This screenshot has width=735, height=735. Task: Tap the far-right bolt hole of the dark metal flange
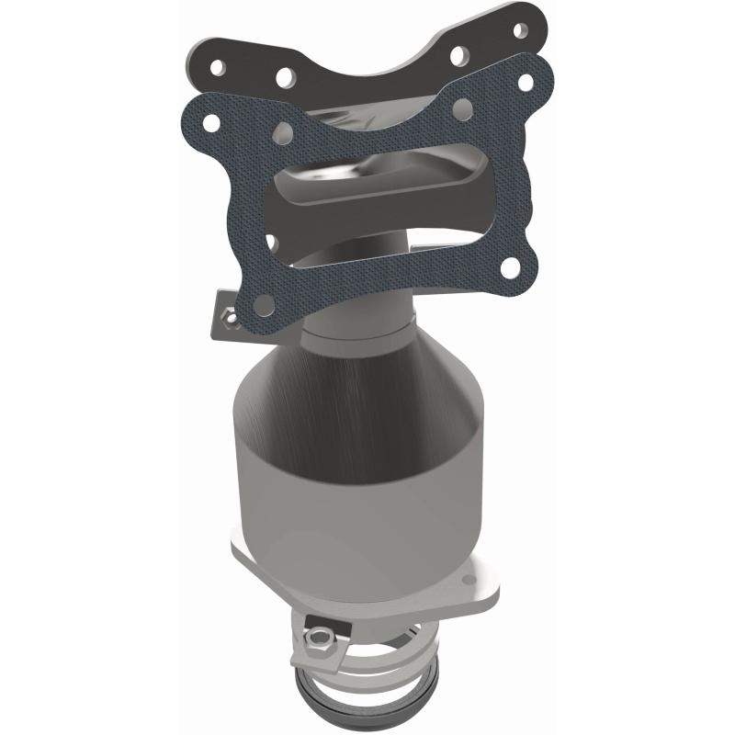point(522,30)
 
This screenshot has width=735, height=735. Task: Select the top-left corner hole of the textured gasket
point(211,121)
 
